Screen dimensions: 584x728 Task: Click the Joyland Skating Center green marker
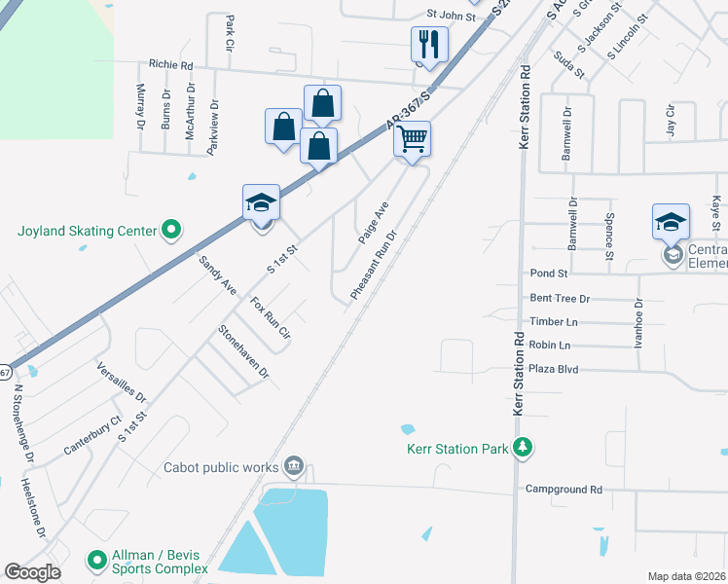point(171,231)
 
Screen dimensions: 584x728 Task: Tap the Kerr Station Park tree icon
point(525,448)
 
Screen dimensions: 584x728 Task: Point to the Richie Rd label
point(171,65)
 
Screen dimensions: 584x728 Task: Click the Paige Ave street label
point(373,223)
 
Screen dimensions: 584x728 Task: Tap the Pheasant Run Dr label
point(375,266)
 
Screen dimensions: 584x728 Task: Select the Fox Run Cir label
point(272,317)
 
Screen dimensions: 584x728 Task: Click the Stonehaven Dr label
point(243,351)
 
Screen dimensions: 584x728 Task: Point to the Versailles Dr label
point(121,383)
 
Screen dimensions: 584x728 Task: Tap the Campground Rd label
point(564,489)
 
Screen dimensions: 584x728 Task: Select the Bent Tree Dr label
point(560,298)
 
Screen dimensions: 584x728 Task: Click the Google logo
point(32,572)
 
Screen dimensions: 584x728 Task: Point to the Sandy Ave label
point(217,275)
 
